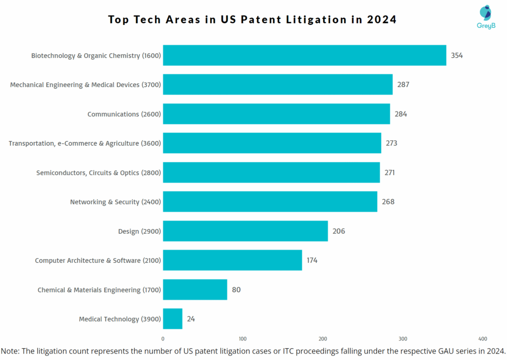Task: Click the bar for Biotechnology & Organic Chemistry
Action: click(304, 55)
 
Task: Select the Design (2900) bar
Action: click(245, 231)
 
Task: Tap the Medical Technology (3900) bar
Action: click(173, 319)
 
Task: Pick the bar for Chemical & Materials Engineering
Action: click(195, 290)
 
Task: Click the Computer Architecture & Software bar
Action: click(232, 260)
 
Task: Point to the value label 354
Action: click(456, 55)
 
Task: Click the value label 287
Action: click(403, 85)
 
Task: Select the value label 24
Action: click(191, 319)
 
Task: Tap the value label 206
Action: click(339, 231)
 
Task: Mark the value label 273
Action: click(392, 143)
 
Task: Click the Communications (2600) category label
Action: click(124, 114)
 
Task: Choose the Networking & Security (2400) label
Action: click(115, 202)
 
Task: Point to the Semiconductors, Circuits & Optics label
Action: click(99, 173)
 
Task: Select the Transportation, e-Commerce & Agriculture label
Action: click(85, 144)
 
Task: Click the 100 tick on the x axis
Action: click(243, 339)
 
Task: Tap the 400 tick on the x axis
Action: click(483, 339)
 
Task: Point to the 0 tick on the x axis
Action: click(163, 339)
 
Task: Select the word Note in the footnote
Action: click(10, 351)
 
